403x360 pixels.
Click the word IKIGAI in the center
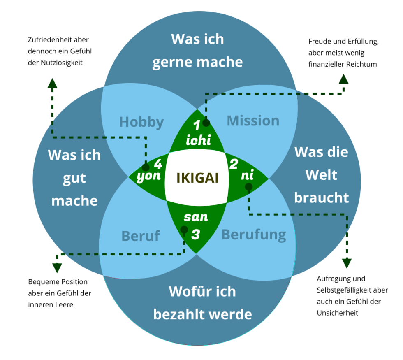pyautogui.click(x=197, y=178)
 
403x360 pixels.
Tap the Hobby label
pyautogui.click(x=141, y=122)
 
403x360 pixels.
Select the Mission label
pyautogui.click(x=253, y=121)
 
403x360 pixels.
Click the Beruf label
pyautogui.click(x=141, y=236)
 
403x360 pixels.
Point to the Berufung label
pyautogui.click(x=254, y=235)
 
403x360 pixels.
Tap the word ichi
pyautogui.click(x=198, y=140)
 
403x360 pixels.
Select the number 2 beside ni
pyautogui.click(x=234, y=164)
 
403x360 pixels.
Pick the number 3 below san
pyautogui.click(x=196, y=234)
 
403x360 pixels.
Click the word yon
pyautogui.click(x=148, y=177)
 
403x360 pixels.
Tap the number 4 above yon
pyautogui.click(x=157, y=164)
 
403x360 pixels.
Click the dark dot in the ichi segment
pyautogui.click(x=206, y=123)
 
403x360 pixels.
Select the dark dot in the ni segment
pyautogui.click(x=248, y=187)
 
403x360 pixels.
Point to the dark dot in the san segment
pyautogui.click(x=184, y=230)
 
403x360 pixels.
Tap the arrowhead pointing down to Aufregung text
pyautogui.click(x=347, y=263)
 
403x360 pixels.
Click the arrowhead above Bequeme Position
pyautogui.click(x=57, y=268)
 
